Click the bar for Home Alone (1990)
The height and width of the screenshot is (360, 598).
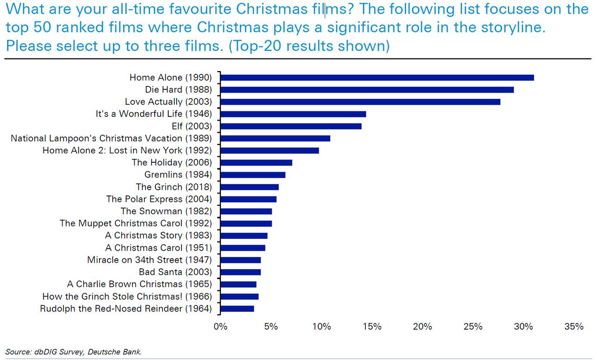click(377, 78)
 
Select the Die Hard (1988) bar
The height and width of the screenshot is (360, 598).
click(367, 90)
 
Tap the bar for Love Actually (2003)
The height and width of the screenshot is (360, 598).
click(360, 102)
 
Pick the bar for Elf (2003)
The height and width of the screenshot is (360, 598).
click(291, 126)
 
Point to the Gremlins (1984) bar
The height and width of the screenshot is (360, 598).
click(253, 175)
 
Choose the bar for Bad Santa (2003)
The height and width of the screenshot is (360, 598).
click(241, 272)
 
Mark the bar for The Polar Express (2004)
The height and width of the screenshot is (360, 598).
click(248, 199)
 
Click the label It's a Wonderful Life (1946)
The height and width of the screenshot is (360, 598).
click(154, 114)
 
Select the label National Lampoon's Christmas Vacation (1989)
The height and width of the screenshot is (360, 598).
click(111, 138)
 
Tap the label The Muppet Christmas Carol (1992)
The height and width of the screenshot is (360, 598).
click(136, 223)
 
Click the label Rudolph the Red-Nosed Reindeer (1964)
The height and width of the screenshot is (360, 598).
click(126, 309)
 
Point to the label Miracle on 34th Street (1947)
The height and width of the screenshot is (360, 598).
click(149, 260)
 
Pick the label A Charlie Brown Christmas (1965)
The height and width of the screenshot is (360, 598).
click(140, 284)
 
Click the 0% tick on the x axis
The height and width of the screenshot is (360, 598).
click(220, 327)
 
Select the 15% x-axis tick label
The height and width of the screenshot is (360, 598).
click(372, 327)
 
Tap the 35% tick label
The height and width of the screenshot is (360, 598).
click(574, 327)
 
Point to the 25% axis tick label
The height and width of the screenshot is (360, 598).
click(473, 327)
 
